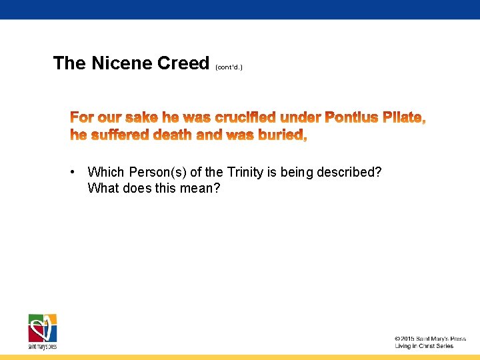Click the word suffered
click(118, 135)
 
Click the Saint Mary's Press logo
click(43, 330)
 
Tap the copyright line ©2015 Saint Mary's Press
click(429, 339)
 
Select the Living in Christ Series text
click(424, 346)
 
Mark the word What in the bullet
click(103, 188)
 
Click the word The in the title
click(69, 63)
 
